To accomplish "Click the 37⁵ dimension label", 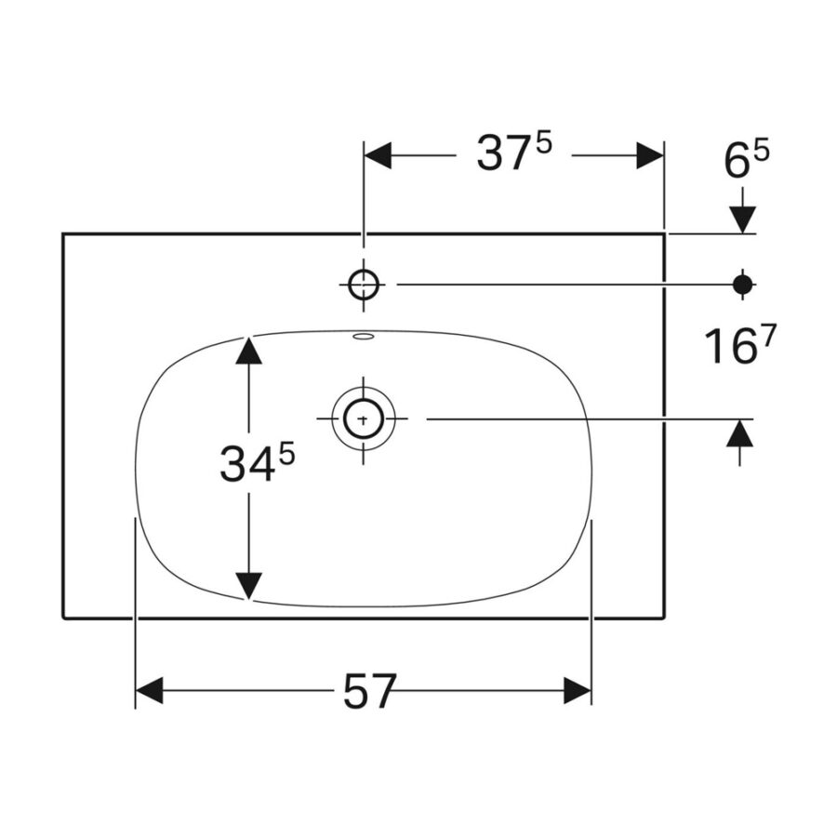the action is click(514, 153).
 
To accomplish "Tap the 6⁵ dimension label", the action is click(747, 160).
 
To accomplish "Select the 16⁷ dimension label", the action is click(739, 345).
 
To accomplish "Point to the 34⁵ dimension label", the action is click(258, 463).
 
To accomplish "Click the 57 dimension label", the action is click(370, 691).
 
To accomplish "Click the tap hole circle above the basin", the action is click(364, 285).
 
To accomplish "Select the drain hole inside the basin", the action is click(364, 419).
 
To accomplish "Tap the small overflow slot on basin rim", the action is click(364, 337).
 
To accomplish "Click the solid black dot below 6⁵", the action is click(742, 285).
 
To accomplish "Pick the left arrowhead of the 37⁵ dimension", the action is click(378, 156).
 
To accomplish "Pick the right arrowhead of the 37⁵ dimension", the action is click(650, 156).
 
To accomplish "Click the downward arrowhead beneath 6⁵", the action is click(742, 219).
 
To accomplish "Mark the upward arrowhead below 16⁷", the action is click(740, 432).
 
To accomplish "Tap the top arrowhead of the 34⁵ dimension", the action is click(248, 351).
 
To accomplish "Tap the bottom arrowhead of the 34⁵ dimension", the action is click(248, 586).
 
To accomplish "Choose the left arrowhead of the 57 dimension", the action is click(150, 691).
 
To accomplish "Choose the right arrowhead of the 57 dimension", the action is click(578, 691).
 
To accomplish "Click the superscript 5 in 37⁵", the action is click(543, 144).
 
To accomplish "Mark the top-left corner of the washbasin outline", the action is click(63, 233).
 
